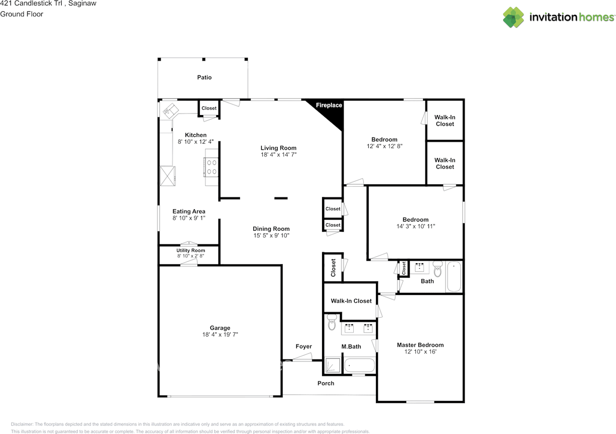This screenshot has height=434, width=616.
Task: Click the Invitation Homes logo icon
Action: pyautogui.click(x=513, y=17)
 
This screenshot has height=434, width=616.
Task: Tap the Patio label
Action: pyautogui.click(x=205, y=77)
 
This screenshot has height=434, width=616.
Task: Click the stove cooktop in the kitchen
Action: pyautogui.click(x=211, y=167)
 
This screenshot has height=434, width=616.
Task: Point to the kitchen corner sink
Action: pyautogui.click(x=171, y=111)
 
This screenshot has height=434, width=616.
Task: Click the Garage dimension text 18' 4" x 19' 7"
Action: pyautogui.click(x=220, y=334)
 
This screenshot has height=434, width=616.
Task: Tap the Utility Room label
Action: pyautogui.click(x=191, y=250)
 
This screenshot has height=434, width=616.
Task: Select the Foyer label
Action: pyautogui.click(x=304, y=346)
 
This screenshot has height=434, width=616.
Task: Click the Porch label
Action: pyautogui.click(x=326, y=383)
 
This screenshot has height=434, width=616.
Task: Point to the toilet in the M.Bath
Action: pyautogui.click(x=332, y=322)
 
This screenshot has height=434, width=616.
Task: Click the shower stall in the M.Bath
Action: pyautogui.click(x=333, y=365)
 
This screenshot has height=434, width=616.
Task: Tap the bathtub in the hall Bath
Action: pyautogui.click(x=454, y=276)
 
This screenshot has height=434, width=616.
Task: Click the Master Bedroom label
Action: pyautogui.click(x=420, y=345)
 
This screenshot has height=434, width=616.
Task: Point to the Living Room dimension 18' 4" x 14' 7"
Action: pyautogui.click(x=279, y=154)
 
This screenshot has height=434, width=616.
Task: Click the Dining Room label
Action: pyautogui.click(x=271, y=229)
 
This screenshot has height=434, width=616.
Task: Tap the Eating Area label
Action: pyautogui.click(x=189, y=211)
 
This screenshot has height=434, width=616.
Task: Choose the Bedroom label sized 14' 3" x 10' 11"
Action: pyautogui.click(x=415, y=219)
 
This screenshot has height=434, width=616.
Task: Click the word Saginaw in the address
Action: pyautogui.click(x=82, y=3)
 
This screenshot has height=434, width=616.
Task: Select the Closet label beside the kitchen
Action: pyautogui.click(x=209, y=108)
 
